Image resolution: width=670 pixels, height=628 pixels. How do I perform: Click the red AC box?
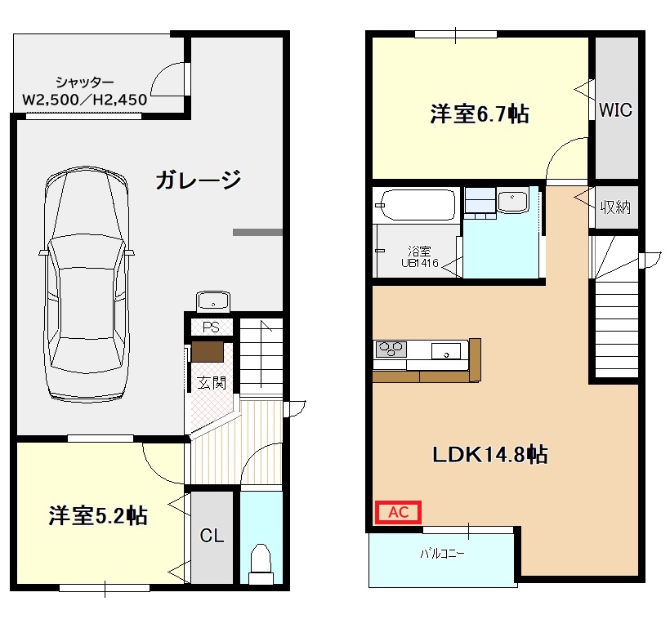click(x=397, y=512)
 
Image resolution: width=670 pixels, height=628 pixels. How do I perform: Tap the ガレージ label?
click(x=198, y=180)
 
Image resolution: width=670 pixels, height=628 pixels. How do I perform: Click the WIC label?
click(x=615, y=110)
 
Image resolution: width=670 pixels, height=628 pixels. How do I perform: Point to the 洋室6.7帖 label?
click(x=479, y=114)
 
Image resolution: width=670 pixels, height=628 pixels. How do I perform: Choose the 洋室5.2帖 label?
click(x=98, y=516)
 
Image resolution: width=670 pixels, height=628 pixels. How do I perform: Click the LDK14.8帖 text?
click(x=489, y=455)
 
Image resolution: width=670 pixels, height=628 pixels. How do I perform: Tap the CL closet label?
click(x=212, y=537)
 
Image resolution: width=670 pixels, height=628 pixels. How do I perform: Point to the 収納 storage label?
click(x=615, y=207)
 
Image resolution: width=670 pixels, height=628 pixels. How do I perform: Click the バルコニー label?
click(x=442, y=554)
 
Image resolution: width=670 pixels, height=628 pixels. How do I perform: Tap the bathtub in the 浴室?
click(x=417, y=205)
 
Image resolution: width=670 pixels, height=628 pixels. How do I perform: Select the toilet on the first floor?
click(x=261, y=563)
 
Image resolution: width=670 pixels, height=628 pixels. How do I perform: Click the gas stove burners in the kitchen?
click(x=391, y=350)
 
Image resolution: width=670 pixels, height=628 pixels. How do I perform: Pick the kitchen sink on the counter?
click(x=445, y=351)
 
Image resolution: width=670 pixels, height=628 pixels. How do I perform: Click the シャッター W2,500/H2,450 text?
click(x=85, y=91)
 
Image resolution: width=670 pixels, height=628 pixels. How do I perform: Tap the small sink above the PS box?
click(x=213, y=301)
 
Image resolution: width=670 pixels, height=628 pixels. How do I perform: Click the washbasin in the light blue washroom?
click(x=513, y=200)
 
